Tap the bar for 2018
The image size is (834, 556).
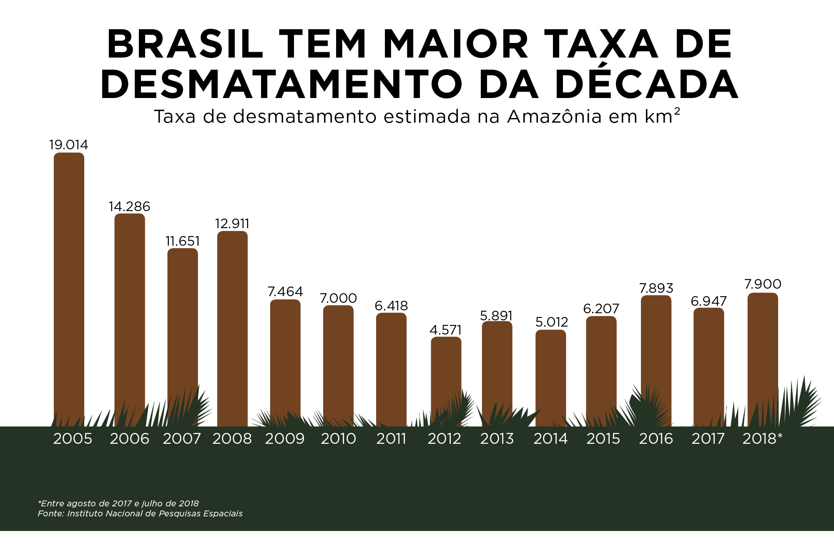[763, 355]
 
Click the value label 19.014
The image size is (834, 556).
[69, 145]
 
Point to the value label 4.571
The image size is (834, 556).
[446, 330]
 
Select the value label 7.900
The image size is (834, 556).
[763, 284]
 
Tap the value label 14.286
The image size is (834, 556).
[129, 206]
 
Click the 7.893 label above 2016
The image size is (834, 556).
[656, 288]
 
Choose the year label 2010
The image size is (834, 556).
[338, 439]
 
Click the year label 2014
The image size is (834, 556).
[550, 439]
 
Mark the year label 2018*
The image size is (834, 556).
[762, 439]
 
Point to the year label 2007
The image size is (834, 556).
[182, 439]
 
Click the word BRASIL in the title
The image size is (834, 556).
[186, 44]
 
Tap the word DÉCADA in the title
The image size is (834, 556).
[646, 84]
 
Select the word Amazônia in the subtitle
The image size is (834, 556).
[554, 117]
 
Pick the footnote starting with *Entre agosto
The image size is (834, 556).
[118, 503]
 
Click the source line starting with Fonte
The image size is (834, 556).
[140, 513]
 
